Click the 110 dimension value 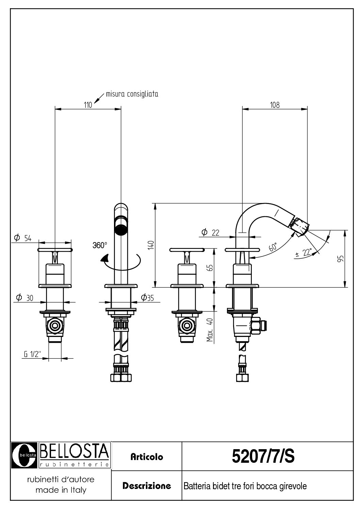pos(88,105)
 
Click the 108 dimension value pos(275,105)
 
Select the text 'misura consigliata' pos(132,94)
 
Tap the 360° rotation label pos(100,245)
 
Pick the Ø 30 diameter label pos(25,298)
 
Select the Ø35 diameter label pos(148,298)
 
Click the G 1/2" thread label pos(32,354)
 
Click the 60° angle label pos(273,247)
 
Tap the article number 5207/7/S pos(263,456)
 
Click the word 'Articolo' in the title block pos(147,457)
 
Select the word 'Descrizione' pos(147,486)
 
